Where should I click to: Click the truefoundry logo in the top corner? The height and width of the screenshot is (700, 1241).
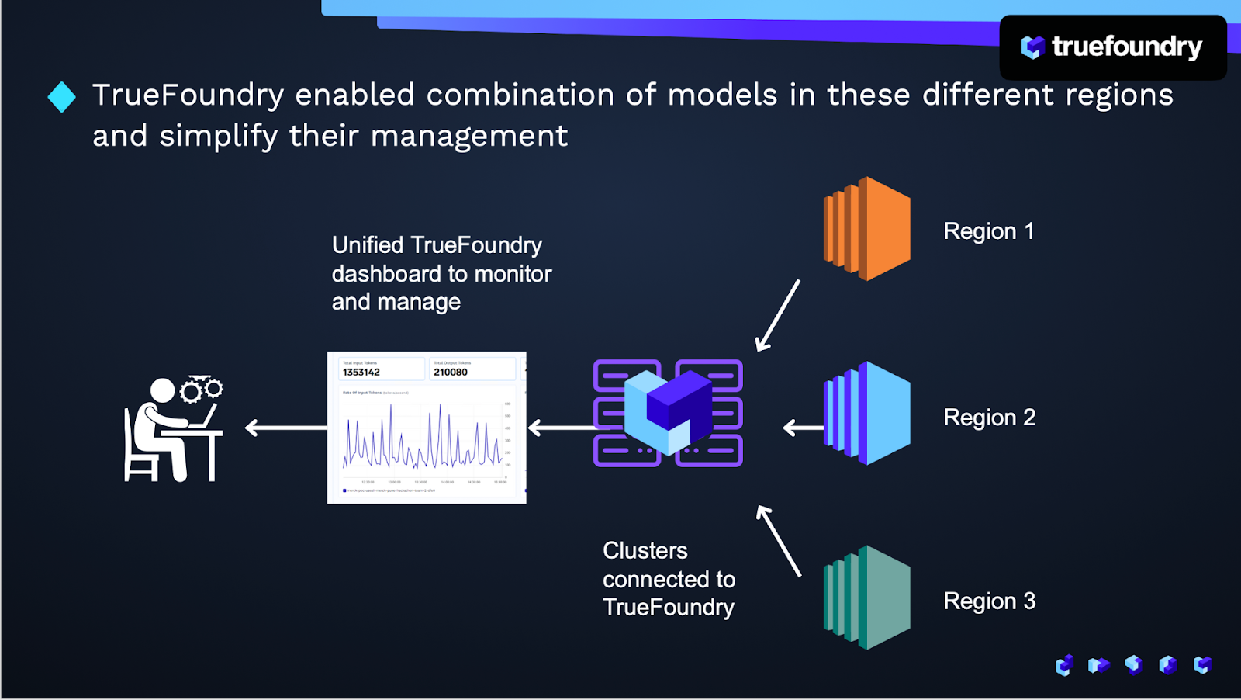pyautogui.click(x=1112, y=47)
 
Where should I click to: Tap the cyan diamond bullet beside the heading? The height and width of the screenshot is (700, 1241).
pyautogui.click(x=62, y=97)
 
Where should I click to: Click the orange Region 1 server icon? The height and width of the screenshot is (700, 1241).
pyautogui.click(x=867, y=229)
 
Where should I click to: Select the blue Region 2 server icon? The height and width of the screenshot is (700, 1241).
pyautogui.click(x=867, y=413)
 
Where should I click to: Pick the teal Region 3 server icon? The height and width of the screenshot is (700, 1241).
pyautogui.click(x=867, y=598)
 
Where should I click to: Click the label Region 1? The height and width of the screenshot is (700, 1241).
pyautogui.click(x=988, y=231)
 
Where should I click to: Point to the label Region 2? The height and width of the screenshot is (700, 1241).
pyautogui.click(x=989, y=418)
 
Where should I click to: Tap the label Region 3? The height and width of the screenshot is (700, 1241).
pyautogui.click(x=989, y=601)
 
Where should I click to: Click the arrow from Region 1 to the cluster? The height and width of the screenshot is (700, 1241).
pyautogui.click(x=778, y=315)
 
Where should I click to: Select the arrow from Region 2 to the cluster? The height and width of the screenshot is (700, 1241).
pyautogui.click(x=803, y=428)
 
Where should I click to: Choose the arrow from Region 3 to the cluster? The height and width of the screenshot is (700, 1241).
pyautogui.click(x=779, y=541)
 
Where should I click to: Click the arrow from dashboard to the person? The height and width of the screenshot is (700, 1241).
pyautogui.click(x=285, y=428)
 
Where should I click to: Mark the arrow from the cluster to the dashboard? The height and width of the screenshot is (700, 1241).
pyautogui.click(x=560, y=428)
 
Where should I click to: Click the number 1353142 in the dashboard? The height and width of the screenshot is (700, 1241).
pyautogui.click(x=361, y=373)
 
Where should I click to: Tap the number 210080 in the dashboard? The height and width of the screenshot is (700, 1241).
pyautogui.click(x=451, y=373)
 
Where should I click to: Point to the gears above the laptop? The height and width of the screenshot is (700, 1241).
pyautogui.click(x=202, y=388)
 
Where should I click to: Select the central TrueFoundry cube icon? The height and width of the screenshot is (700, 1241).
pyautogui.click(x=668, y=412)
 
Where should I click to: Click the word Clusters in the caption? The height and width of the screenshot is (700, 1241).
pyautogui.click(x=645, y=551)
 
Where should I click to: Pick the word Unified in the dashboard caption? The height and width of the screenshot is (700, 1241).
pyautogui.click(x=368, y=245)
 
